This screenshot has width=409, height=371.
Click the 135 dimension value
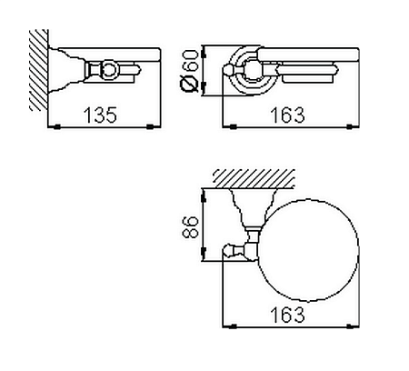[x=100, y=115]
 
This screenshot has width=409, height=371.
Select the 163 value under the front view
[x=287, y=115]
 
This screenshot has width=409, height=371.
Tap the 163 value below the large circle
[x=287, y=315]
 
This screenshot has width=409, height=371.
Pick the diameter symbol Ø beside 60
[x=190, y=84]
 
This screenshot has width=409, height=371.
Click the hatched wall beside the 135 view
[x=39, y=70]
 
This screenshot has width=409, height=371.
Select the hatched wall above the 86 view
[x=254, y=179]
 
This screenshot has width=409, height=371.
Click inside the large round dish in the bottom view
[x=308, y=251]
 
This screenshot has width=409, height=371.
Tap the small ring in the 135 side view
[x=108, y=70]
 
